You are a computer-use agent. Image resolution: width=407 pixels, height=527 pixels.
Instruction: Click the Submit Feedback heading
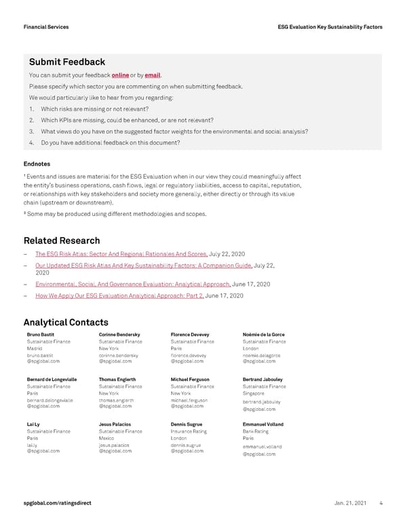coord(67,62)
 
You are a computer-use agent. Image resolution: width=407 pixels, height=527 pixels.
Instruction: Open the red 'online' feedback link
coord(120,75)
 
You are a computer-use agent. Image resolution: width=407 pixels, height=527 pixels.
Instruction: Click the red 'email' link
coord(152,75)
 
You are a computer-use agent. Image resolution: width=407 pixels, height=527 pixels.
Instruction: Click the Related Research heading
coord(62,240)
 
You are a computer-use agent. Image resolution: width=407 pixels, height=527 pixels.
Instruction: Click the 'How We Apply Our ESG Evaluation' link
coord(119,296)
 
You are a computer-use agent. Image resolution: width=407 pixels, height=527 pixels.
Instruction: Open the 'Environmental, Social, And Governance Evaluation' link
coord(133,284)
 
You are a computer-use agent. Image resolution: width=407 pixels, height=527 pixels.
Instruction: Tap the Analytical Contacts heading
coord(66,322)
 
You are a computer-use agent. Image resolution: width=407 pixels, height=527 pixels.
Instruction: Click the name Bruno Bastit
coord(40,334)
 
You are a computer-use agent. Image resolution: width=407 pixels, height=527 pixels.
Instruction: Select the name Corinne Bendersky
coord(119,334)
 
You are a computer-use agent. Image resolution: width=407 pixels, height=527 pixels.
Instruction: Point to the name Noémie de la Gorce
coord(263,334)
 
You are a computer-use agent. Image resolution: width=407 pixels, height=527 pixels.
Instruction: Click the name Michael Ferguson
coord(190,379)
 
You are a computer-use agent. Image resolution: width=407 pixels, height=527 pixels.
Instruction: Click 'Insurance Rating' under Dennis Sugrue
coord(189,431)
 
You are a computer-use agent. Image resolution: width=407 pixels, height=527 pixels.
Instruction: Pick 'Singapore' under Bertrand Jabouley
coord(255,393)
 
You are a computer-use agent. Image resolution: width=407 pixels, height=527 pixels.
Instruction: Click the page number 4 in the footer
coord(382,503)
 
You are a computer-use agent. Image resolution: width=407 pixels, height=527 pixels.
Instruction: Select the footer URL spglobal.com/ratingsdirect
coord(57,503)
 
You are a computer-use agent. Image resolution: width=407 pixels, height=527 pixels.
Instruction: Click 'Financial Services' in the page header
coord(45,26)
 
